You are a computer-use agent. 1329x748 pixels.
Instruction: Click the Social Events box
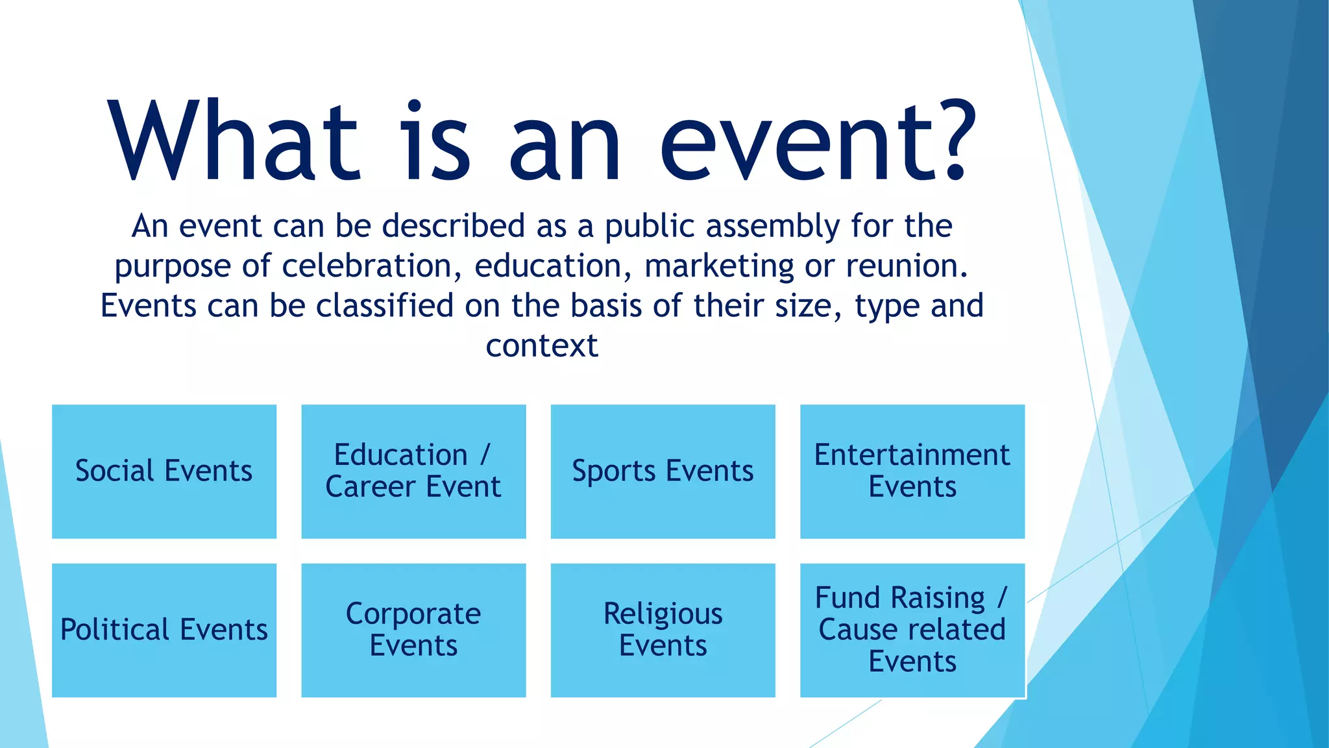tap(164, 471)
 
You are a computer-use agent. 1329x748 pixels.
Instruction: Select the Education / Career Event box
tap(413, 471)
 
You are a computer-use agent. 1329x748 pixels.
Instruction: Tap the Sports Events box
tap(663, 471)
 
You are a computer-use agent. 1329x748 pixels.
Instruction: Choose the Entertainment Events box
tap(912, 471)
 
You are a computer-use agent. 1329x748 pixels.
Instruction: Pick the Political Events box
tap(164, 630)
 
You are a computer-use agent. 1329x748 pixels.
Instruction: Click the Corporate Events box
tap(413, 630)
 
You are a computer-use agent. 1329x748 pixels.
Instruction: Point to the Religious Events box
tap(663, 630)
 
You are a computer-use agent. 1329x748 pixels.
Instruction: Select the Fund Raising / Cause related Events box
tap(912, 630)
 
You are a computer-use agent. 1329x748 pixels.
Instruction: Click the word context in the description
tap(542, 345)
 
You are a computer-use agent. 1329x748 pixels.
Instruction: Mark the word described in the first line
tap(453, 226)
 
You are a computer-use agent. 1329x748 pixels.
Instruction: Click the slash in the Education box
tap(485, 455)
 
